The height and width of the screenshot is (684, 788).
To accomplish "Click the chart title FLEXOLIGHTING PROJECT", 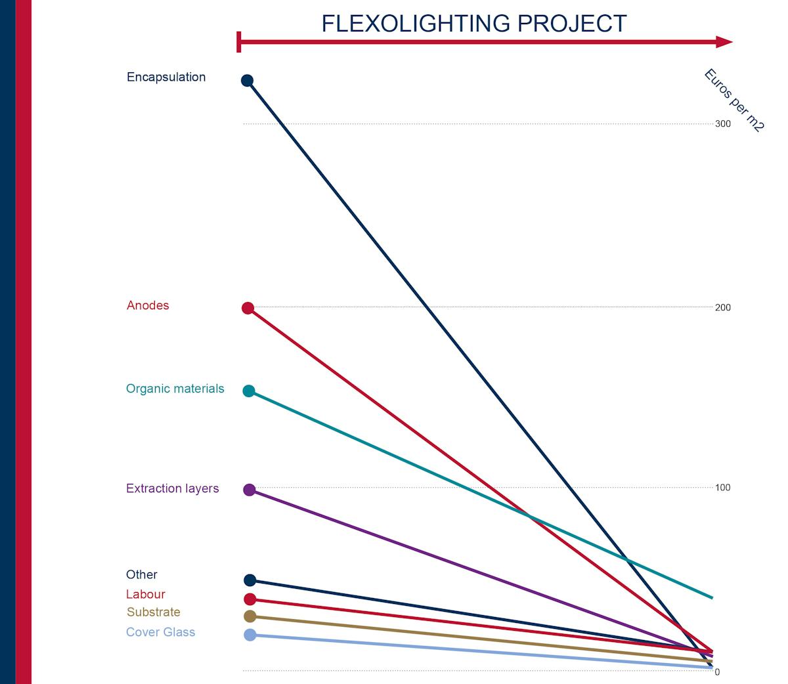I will pyautogui.click(x=473, y=24).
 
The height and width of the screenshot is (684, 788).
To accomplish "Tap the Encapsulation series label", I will pyautogui.click(x=166, y=77).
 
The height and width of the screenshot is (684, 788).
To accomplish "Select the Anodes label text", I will pyautogui.click(x=148, y=305).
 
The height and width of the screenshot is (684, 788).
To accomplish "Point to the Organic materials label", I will pyautogui.click(x=175, y=389).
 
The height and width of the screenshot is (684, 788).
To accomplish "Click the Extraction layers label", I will pyautogui.click(x=173, y=488).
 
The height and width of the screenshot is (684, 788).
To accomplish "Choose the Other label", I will pyautogui.click(x=142, y=574).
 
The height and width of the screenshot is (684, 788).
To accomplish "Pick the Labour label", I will pyautogui.click(x=146, y=594).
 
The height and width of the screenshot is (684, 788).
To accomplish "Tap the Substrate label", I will pyautogui.click(x=154, y=612).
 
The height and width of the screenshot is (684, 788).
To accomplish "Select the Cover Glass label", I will pyautogui.click(x=161, y=632).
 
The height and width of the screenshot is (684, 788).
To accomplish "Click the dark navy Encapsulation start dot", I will pyautogui.click(x=247, y=81).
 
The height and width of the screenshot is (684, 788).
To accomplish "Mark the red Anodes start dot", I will pyautogui.click(x=248, y=308).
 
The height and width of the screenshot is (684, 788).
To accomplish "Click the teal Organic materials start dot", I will pyautogui.click(x=248, y=391).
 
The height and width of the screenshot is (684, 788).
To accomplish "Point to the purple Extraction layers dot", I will pyautogui.click(x=249, y=490).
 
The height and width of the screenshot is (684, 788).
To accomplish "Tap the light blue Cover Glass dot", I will pyautogui.click(x=250, y=635).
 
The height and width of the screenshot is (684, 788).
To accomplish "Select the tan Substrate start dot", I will pyautogui.click(x=250, y=616).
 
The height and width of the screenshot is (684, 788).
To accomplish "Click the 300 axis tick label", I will pyautogui.click(x=722, y=124).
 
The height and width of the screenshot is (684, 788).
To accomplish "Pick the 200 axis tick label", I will pyautogui.click(x=722, y=307).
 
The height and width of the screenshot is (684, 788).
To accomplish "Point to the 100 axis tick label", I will pyautogui.click(x=722, y=487).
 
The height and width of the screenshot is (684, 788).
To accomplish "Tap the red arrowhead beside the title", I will pyautogui.click(x=724, y=42).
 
